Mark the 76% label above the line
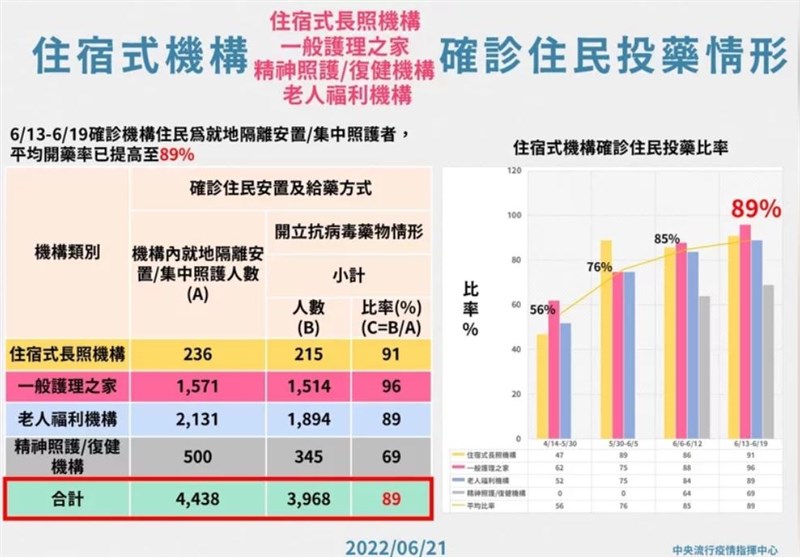600,266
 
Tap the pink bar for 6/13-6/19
745,331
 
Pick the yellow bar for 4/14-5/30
543,386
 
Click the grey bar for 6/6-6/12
704,367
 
